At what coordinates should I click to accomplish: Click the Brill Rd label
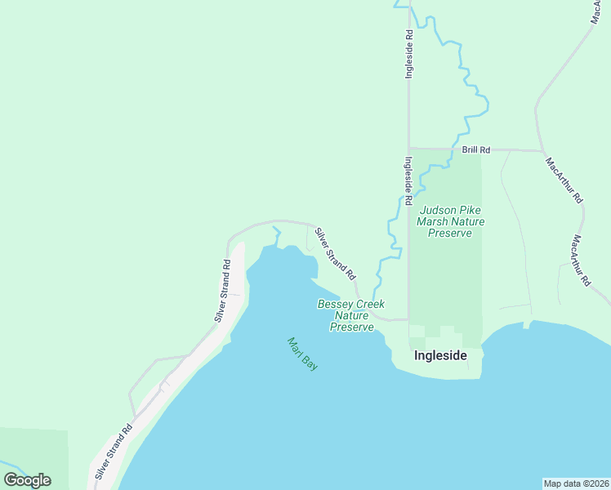[475, 150]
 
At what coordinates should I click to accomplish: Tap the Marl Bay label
[302, 354]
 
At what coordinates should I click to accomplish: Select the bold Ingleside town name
[440, 355]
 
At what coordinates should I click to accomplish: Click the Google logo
[27, 480]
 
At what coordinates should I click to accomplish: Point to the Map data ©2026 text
[577, 483]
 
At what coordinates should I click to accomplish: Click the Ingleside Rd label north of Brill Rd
[410, 54]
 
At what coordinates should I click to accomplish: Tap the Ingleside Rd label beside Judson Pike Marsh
[408, 180]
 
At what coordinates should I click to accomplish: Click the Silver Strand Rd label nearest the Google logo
[113, 452]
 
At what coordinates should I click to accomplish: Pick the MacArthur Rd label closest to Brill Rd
[564, 179]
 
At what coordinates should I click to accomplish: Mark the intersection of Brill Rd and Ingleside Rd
[409, 149]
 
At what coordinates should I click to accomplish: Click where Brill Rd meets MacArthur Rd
[542, 151]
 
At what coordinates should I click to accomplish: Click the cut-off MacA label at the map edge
[602, 11]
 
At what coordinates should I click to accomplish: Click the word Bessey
[336, 305]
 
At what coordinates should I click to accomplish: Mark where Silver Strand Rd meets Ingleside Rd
[408, 320]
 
